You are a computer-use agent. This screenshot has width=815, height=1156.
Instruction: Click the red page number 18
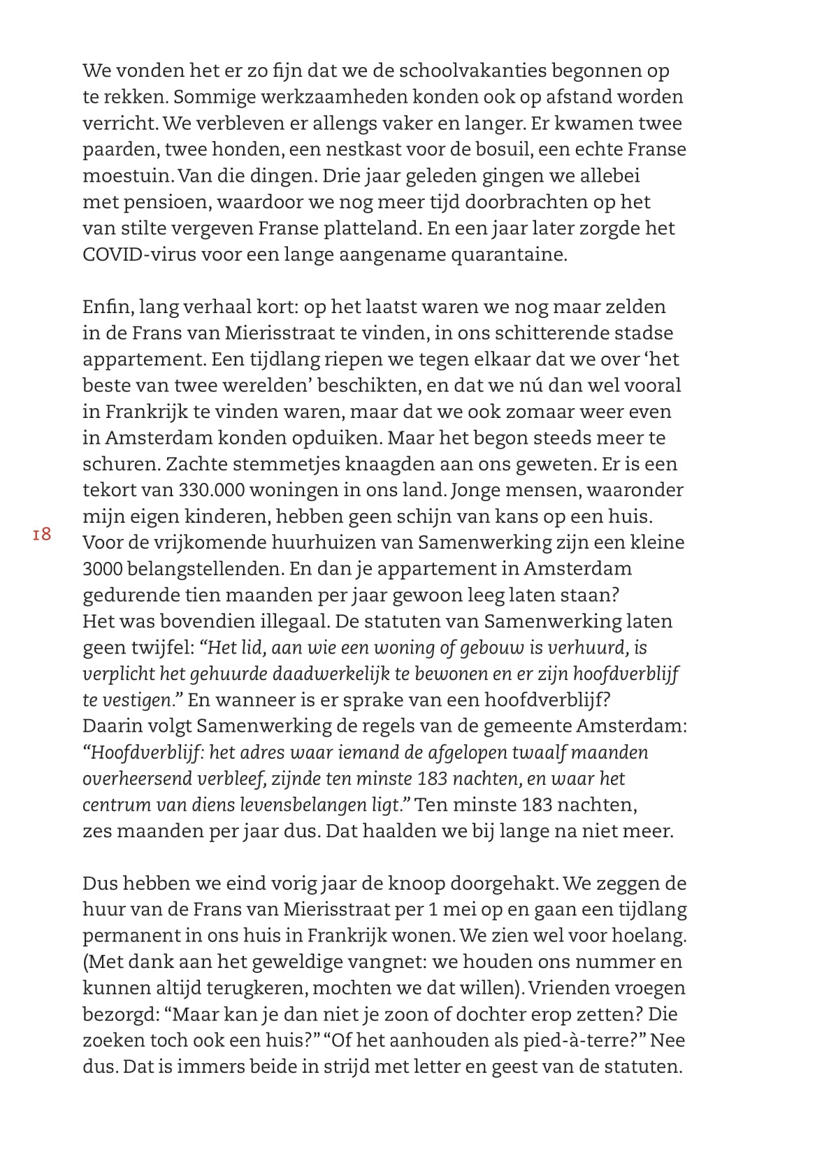click(42, 535)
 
